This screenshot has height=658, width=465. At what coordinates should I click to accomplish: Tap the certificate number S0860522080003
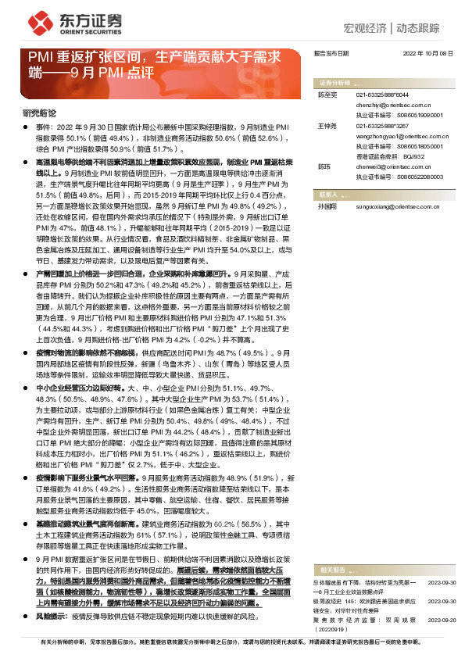coord(413,177)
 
